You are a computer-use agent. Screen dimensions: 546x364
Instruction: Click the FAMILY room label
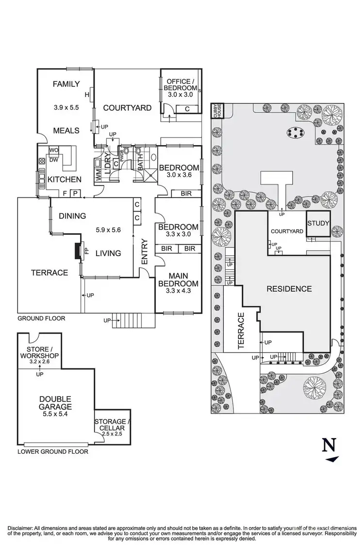(x=66, y=84)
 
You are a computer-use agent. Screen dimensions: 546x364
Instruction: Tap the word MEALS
(x=66, y=130)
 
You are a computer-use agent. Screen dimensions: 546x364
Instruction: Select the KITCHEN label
(x=64, y=180)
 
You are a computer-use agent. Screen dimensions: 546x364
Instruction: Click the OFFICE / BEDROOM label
(x=181, y=84)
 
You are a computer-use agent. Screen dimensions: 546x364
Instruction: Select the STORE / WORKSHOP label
(x=39, y=352)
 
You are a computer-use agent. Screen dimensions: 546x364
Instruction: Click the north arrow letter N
(x=330, y=445)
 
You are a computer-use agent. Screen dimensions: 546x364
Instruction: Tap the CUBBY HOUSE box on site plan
(x=216, y=111)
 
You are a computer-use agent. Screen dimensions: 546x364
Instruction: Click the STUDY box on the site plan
(x=318, y=224)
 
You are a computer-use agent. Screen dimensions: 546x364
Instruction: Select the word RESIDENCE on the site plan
(x=288, y=289)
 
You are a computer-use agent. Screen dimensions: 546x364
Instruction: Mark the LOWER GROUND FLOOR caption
(x=53, y=451)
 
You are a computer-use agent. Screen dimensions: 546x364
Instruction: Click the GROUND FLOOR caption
(x=41, y=319)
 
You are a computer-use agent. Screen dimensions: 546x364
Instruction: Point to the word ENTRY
(x=144, y=252)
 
